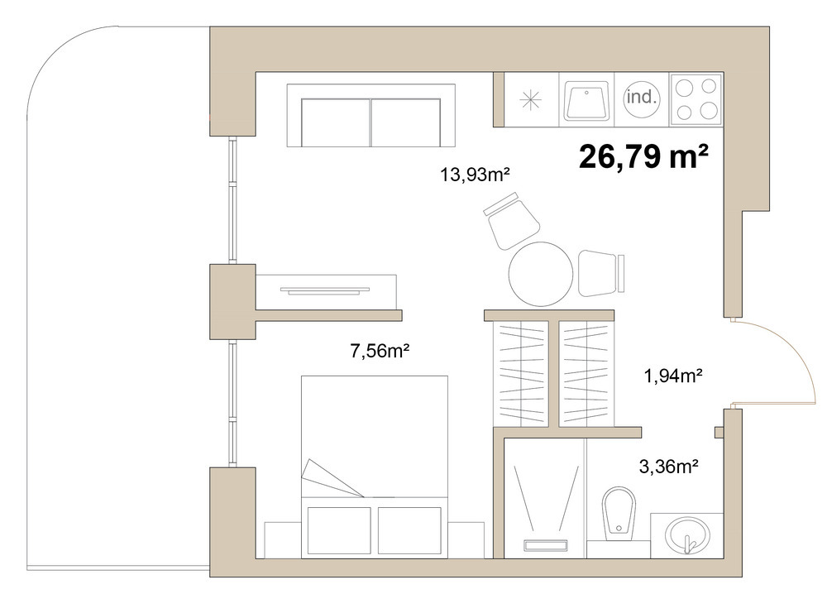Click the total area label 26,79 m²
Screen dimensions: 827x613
643,156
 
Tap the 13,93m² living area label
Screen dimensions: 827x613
476,174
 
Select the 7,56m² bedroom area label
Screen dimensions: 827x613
380,350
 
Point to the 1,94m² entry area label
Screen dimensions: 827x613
673,376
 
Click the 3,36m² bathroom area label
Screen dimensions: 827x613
669,467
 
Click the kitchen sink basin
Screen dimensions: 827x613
586,100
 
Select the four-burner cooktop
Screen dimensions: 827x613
696,99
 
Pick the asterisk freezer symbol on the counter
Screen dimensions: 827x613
530,100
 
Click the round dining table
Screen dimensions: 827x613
541,274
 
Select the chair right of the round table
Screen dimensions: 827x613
600,273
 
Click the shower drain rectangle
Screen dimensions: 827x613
545,545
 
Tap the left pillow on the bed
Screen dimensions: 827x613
338,530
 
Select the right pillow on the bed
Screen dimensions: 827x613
409,530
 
